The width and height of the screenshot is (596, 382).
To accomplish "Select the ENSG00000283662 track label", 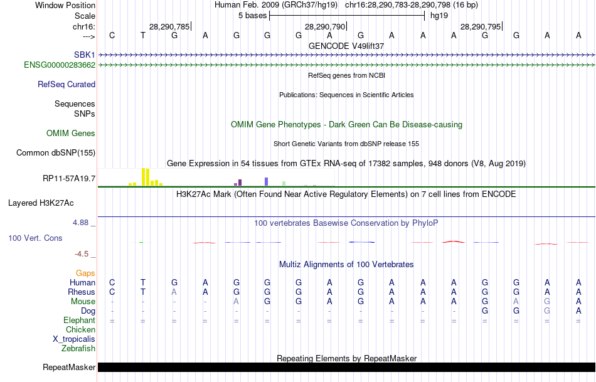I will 60,65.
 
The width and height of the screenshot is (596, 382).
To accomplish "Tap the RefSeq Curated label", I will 67,84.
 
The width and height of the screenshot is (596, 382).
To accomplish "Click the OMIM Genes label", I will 71,133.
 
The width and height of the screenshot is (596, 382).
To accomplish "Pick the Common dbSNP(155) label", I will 56,152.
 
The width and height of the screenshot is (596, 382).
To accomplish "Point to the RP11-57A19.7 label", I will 69,179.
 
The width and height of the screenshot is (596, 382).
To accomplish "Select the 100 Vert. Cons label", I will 35,238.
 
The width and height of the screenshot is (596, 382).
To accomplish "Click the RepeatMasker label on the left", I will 69,367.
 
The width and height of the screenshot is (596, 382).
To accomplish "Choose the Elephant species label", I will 79,320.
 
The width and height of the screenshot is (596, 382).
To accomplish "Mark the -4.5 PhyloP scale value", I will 83,254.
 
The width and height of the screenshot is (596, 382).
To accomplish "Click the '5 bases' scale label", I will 252,15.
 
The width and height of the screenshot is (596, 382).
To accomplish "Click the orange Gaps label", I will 85,273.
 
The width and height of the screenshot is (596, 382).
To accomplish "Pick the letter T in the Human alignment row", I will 143,282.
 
